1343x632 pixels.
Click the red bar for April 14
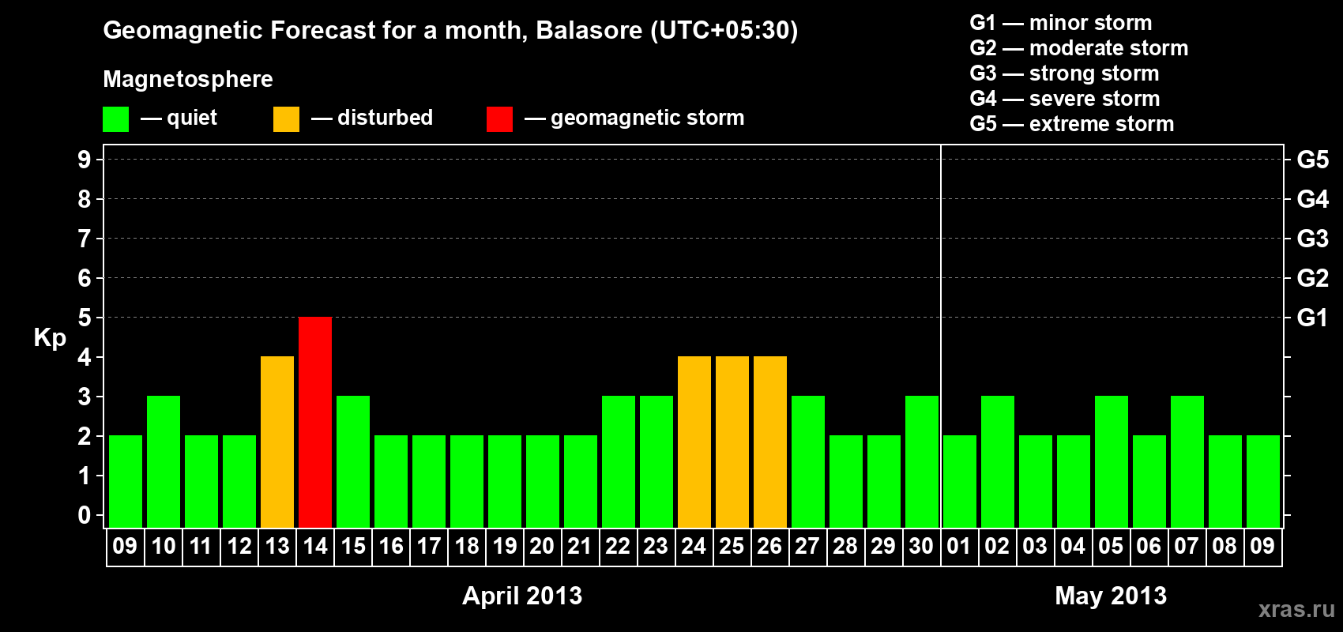point(315,422)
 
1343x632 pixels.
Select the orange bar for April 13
point(277,442)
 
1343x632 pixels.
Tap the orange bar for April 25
point(732,442)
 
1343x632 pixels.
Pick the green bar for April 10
point(164,461)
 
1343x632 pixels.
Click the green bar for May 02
point(998,461)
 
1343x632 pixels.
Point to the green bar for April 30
point(922,461)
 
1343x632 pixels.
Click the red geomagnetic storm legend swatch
point(500,118)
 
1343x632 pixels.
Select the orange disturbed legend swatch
point(286,118)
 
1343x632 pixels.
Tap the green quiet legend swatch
point(115,118)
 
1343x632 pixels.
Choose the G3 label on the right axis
point(1313,239)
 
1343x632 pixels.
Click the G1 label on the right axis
point(1313,318)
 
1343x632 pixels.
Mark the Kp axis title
point(50,338)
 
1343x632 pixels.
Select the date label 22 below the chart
point(618,546)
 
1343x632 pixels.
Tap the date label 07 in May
point(1186,546)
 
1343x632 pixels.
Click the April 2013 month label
point(522,596)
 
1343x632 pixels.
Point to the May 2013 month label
point(1111,596)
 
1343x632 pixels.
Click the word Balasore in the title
point(589,30)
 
